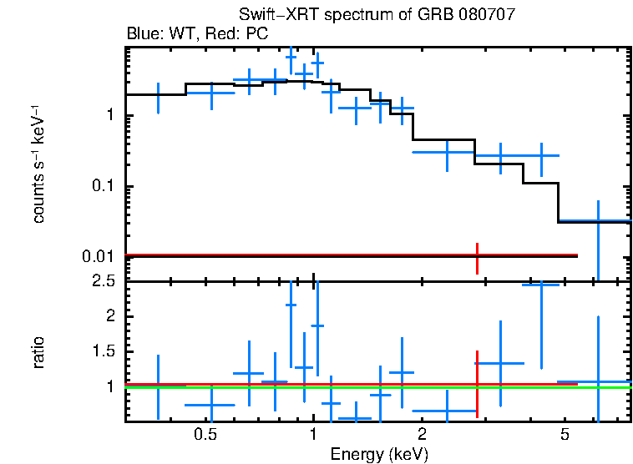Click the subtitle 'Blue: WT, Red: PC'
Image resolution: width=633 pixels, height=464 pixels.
click(x=191, y=34)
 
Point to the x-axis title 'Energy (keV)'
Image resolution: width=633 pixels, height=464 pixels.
click(x=379, y=454)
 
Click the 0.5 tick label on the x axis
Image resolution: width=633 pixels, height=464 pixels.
click(x=205, y=435)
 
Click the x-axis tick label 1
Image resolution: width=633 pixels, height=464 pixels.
click(x=313, y=435)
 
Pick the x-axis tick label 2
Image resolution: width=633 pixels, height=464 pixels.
click(x=422, y=435)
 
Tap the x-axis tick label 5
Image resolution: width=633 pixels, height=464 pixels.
click(x=565, y=435)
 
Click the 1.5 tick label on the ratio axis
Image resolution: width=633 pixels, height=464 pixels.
click(x=104, y=351)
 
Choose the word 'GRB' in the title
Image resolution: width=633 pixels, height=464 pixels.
click(x=443, y=16)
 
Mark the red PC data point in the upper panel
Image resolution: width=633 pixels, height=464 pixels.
click(x=477, y=255)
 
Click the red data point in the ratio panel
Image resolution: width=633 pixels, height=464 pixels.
click(x=477, y=384)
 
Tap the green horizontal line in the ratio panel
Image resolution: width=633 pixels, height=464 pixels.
click(x=334, y=388)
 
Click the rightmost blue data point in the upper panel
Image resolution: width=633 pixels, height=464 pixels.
click(x=598, y=221)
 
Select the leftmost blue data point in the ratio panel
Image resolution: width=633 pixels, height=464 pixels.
click(x=158, y=386)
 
